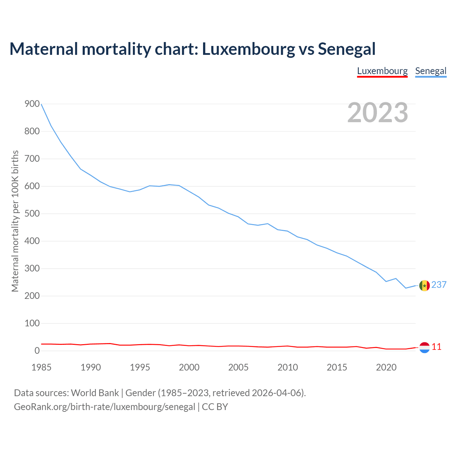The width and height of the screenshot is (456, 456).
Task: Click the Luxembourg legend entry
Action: click(382, 71)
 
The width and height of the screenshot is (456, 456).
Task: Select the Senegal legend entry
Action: click(431, 71)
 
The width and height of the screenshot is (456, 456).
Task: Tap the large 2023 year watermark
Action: click(378, 112)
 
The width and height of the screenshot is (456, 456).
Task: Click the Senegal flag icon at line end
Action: click(424, 285)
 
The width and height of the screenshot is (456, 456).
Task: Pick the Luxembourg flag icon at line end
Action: click(424, 347)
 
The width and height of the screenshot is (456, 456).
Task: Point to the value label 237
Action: click(439, 285)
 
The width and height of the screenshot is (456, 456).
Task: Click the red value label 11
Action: click(436, 347)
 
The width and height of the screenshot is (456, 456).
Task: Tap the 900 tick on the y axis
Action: click(32, 104)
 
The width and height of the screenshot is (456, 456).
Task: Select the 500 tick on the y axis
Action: click(32, 214)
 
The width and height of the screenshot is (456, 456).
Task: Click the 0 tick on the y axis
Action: click(37, 351)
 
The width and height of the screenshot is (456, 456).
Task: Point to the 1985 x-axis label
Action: click(41, 367)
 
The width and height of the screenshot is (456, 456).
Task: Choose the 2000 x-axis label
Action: click(189, 367)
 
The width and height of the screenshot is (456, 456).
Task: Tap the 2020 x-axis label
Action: click(386, 367)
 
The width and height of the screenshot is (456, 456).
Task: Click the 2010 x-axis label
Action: click(287, 367)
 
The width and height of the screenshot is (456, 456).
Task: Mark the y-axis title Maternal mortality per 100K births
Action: click(15, 221)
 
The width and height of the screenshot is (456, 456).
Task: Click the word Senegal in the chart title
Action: click(347, 49)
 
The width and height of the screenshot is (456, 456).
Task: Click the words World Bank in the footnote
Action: click(95, 393)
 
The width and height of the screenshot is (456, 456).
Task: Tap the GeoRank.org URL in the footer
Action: click(104, 407)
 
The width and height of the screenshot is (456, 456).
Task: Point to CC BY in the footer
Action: click(215, 407)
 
